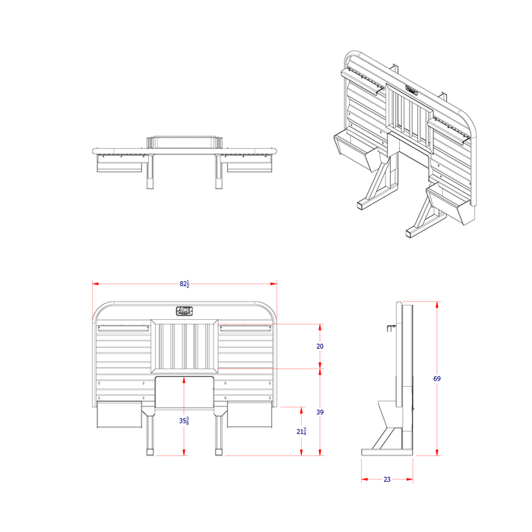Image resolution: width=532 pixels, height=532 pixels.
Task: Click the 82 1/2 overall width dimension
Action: [185, 283]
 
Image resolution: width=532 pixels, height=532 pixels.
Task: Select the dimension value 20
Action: [320, 346]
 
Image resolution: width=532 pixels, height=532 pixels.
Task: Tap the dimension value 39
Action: [320, 411]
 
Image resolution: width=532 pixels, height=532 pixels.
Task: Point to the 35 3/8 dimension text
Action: [185, 420]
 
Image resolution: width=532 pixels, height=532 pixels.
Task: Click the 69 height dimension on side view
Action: [437, 378]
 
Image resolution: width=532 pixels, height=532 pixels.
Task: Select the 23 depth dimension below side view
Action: [387, 480]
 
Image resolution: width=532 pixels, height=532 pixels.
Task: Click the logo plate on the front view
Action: [185, 310]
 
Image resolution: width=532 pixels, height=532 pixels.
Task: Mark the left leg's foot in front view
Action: [150, 452]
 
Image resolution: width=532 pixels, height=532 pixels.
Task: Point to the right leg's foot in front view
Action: [220, 452]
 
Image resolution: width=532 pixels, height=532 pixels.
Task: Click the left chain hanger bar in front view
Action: [122, 329]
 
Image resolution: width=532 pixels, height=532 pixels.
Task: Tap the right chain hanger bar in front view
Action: [245, 329]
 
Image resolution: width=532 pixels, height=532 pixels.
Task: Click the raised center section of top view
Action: [185, 141]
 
